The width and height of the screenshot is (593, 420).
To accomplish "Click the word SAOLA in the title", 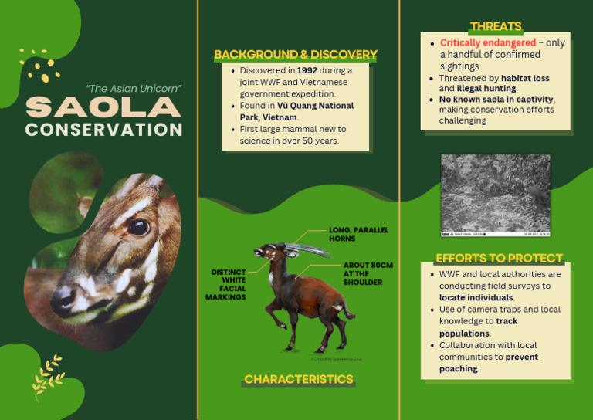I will (103, 107).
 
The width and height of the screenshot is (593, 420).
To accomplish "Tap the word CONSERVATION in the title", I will (103, 129).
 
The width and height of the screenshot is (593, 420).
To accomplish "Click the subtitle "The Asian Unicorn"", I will (134, 89).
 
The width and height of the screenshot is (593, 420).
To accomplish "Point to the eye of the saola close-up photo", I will (138, 227).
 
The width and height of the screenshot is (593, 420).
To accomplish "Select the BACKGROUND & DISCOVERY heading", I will (296, 55).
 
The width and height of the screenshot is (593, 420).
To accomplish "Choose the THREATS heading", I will (495, 26).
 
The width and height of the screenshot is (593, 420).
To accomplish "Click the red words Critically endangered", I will (487, 43).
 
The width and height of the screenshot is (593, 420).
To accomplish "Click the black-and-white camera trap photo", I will (495, 195).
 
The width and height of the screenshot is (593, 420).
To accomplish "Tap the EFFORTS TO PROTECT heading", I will (499, 258).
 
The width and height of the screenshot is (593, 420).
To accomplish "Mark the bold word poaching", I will (459, 368).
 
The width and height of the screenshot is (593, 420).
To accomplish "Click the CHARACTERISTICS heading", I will (299, 379).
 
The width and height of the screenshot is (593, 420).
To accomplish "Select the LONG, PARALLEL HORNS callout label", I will (358, 234).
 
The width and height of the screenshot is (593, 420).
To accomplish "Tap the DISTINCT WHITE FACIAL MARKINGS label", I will (228, 284).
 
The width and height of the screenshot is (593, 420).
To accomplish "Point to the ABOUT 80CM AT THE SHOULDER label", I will (368, 273).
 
